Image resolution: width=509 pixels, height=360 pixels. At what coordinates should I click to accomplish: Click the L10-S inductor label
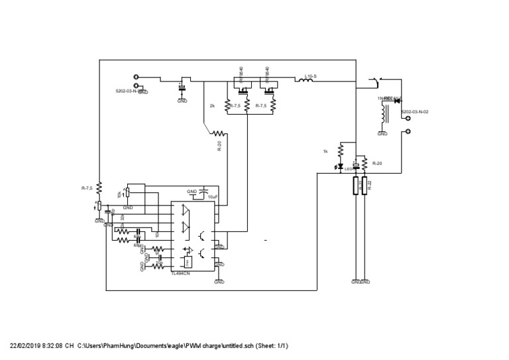(x=310, y=77)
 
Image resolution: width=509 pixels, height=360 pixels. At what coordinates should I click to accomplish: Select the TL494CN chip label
(x=181, y=272)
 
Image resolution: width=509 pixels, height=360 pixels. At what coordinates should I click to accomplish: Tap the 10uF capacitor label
(x=212, y=197)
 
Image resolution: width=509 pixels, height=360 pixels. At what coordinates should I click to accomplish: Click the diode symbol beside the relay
(x=397, y=99)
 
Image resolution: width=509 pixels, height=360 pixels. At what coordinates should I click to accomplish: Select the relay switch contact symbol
(x=374, y=83)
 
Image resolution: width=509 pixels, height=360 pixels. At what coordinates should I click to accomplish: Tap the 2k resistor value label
(x=212, y=106)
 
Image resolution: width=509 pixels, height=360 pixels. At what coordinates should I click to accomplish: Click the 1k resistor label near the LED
(x=325, y=152)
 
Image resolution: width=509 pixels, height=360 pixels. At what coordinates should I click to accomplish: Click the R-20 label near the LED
(x=378, y=162)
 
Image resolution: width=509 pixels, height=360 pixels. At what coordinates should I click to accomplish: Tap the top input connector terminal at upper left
(x=137, y=77)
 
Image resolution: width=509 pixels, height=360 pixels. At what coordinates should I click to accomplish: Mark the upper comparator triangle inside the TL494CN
(x=184, y=212)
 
